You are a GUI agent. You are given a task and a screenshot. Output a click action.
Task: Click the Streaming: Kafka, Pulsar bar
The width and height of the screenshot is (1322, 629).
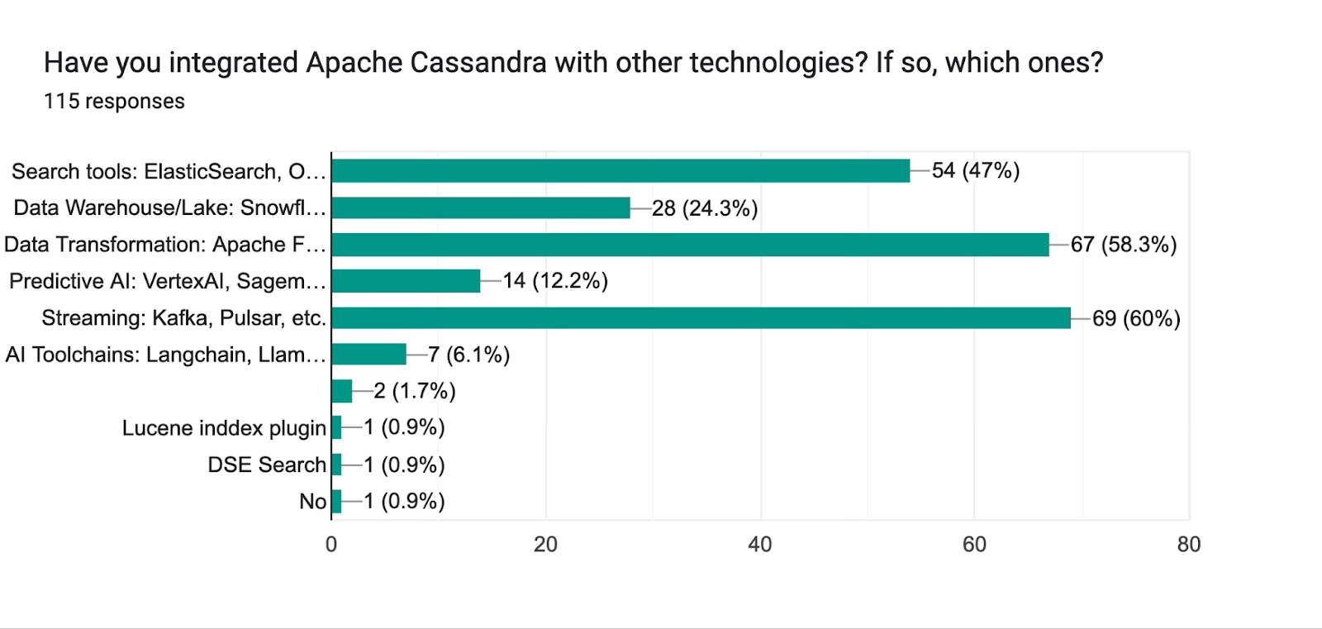pos(701,318)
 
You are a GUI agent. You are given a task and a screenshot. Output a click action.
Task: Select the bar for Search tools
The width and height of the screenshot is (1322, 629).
pos(621,171)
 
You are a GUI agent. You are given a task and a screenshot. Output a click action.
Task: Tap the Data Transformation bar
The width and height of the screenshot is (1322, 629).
pos(690,245)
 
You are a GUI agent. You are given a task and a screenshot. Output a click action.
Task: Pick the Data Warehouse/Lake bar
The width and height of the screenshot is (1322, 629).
pos(481,207)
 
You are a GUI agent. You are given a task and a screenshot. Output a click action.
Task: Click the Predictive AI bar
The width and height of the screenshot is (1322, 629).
pos(406,281)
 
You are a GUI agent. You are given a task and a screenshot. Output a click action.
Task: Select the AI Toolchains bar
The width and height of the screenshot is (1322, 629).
pos(369,355)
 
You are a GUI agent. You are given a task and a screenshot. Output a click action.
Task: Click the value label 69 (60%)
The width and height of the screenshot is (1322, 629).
pos(1136,318)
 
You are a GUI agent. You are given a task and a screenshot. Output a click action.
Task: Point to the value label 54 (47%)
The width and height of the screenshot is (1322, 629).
pos(976,170)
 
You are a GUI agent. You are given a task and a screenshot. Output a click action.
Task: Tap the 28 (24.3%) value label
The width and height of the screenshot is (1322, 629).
pos(705,208)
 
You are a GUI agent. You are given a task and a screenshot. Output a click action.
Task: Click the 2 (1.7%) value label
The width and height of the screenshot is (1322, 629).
pos(415,391)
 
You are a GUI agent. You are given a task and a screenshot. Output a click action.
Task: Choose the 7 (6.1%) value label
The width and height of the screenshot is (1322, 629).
pos(468,355)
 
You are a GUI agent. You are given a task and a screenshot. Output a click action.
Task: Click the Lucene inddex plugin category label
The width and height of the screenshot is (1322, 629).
pos(224,428)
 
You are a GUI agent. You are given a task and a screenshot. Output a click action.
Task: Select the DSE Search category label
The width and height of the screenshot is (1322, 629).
pos(267,465)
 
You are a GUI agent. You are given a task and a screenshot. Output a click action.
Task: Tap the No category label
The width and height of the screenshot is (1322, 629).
pos(313,502)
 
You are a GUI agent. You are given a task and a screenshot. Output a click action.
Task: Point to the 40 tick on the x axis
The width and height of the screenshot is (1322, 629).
pos(760,544)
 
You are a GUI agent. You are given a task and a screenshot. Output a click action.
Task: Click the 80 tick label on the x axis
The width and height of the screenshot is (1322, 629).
pos(1189,544)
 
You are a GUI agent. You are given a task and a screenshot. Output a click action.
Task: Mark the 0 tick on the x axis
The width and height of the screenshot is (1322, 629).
pos(331,544)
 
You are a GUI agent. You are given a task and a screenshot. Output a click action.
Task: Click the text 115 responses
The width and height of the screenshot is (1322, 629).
pos(114,101)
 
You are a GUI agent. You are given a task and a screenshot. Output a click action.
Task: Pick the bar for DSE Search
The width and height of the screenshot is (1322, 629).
pos(336,465)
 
